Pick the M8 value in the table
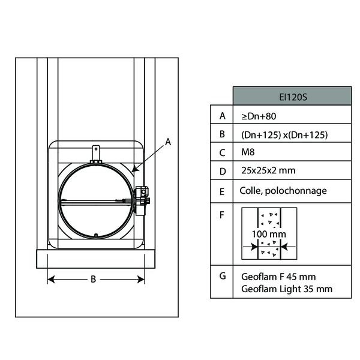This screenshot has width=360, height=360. pos(248,152)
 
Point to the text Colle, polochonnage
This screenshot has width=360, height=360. pos(283,191)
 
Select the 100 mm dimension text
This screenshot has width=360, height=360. pos(269,234)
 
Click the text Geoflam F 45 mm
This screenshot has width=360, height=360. pos(278,277)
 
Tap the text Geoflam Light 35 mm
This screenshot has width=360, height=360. pos(287,289)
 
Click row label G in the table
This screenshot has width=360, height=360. pos(223,276)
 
